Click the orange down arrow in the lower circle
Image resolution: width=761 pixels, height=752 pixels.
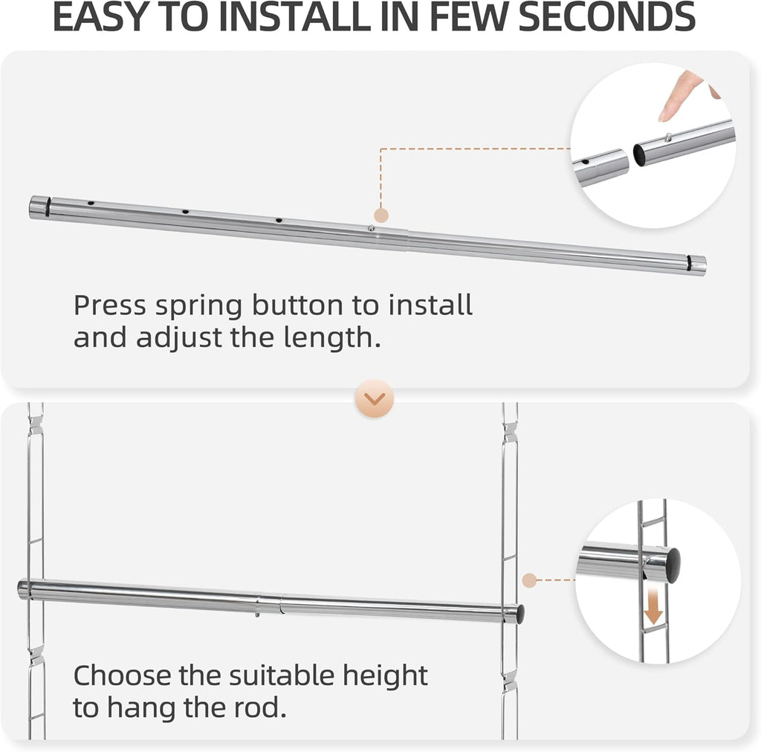click(x=652, y=609)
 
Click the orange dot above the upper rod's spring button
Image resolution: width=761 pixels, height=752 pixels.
click(x=380, y=215)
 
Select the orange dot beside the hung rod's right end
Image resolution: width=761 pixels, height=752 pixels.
click(x=529, y=580)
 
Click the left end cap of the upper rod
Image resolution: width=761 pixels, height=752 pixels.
click(x=39, y=207)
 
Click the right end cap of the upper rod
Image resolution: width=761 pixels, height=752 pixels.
click(x=696, y=265)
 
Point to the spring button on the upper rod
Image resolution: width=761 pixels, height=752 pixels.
click(x=371, y=229)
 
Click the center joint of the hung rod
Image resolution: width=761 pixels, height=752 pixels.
click(x=279, y=603)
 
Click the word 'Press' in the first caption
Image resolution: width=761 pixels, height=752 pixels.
click(x=110, y=305)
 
